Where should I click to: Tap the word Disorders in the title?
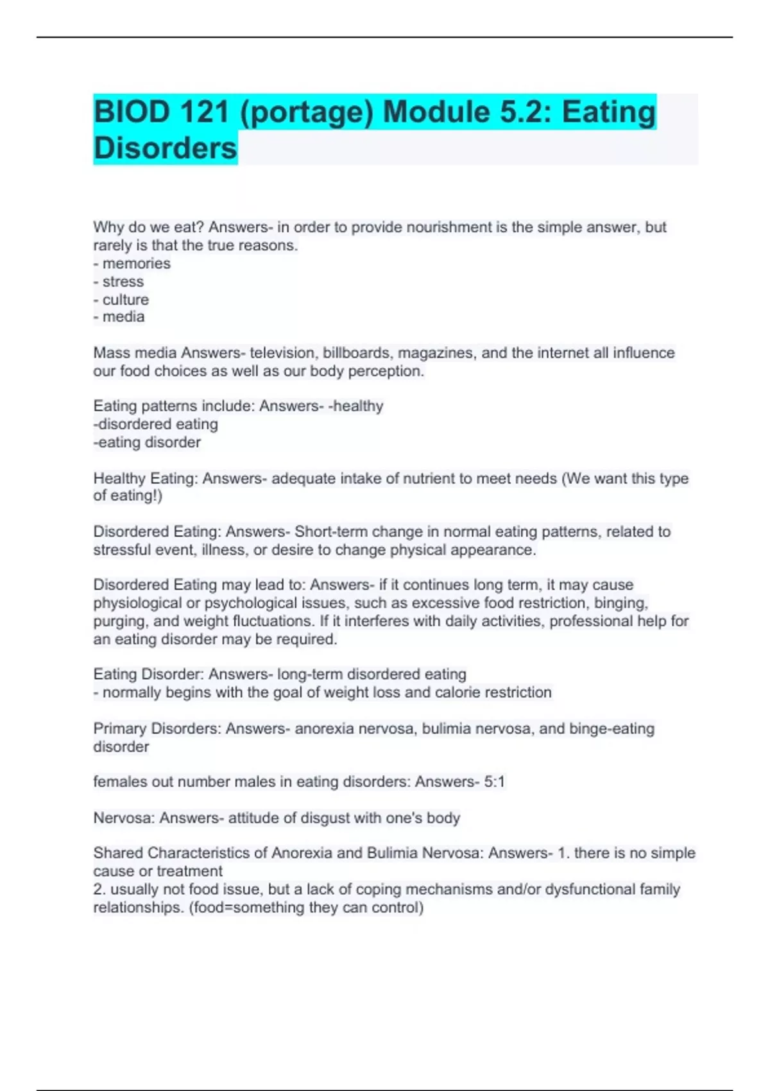(x=166, y=148)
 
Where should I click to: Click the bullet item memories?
(x=136, y=264)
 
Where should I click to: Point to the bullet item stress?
(x=123, y=282)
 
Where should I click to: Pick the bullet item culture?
(x=125, y=300)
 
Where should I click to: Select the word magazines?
(x=437, y=353)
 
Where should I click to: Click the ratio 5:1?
(x=494, y=782)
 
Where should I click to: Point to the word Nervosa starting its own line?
(x=124, y=818)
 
